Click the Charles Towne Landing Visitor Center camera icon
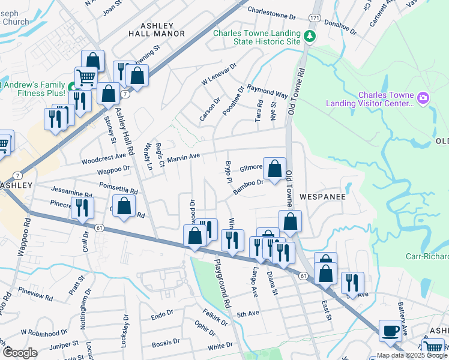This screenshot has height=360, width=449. click(423, 98)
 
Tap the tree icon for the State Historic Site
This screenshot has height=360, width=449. click(310, 37)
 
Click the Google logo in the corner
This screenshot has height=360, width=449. click(20, 352)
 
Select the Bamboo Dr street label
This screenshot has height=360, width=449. click(249, 187)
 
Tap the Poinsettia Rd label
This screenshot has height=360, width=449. click(119, 188)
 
